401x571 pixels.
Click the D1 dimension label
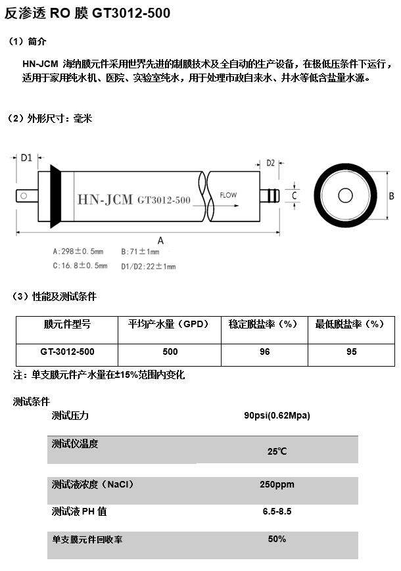coord(26,158)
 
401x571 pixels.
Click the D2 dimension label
coord(270,163)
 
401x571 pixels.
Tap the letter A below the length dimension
coord(160,240)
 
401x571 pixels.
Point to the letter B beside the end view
coord(392,196)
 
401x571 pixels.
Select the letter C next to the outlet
coord(295,196)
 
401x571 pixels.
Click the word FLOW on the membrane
coord(228,195)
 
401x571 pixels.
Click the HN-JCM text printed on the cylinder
coord(105,199)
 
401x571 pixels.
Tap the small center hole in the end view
coord(345,196)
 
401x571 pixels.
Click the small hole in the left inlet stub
coord(24,196)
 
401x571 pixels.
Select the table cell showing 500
coord(170,352)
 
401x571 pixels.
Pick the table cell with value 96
coord(265,352)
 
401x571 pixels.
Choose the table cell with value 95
coord(352,352)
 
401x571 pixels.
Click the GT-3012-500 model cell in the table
coord(67,352)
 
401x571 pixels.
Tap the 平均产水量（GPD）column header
coord(170,324)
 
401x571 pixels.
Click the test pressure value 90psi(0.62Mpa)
coord(277,415)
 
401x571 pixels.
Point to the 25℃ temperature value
coord(277,451)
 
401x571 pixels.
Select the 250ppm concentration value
coord(277,485)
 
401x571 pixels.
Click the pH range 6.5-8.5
coord(277,512)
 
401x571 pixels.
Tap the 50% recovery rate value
coord(277,539)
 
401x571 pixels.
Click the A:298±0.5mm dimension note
coord(78,251)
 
